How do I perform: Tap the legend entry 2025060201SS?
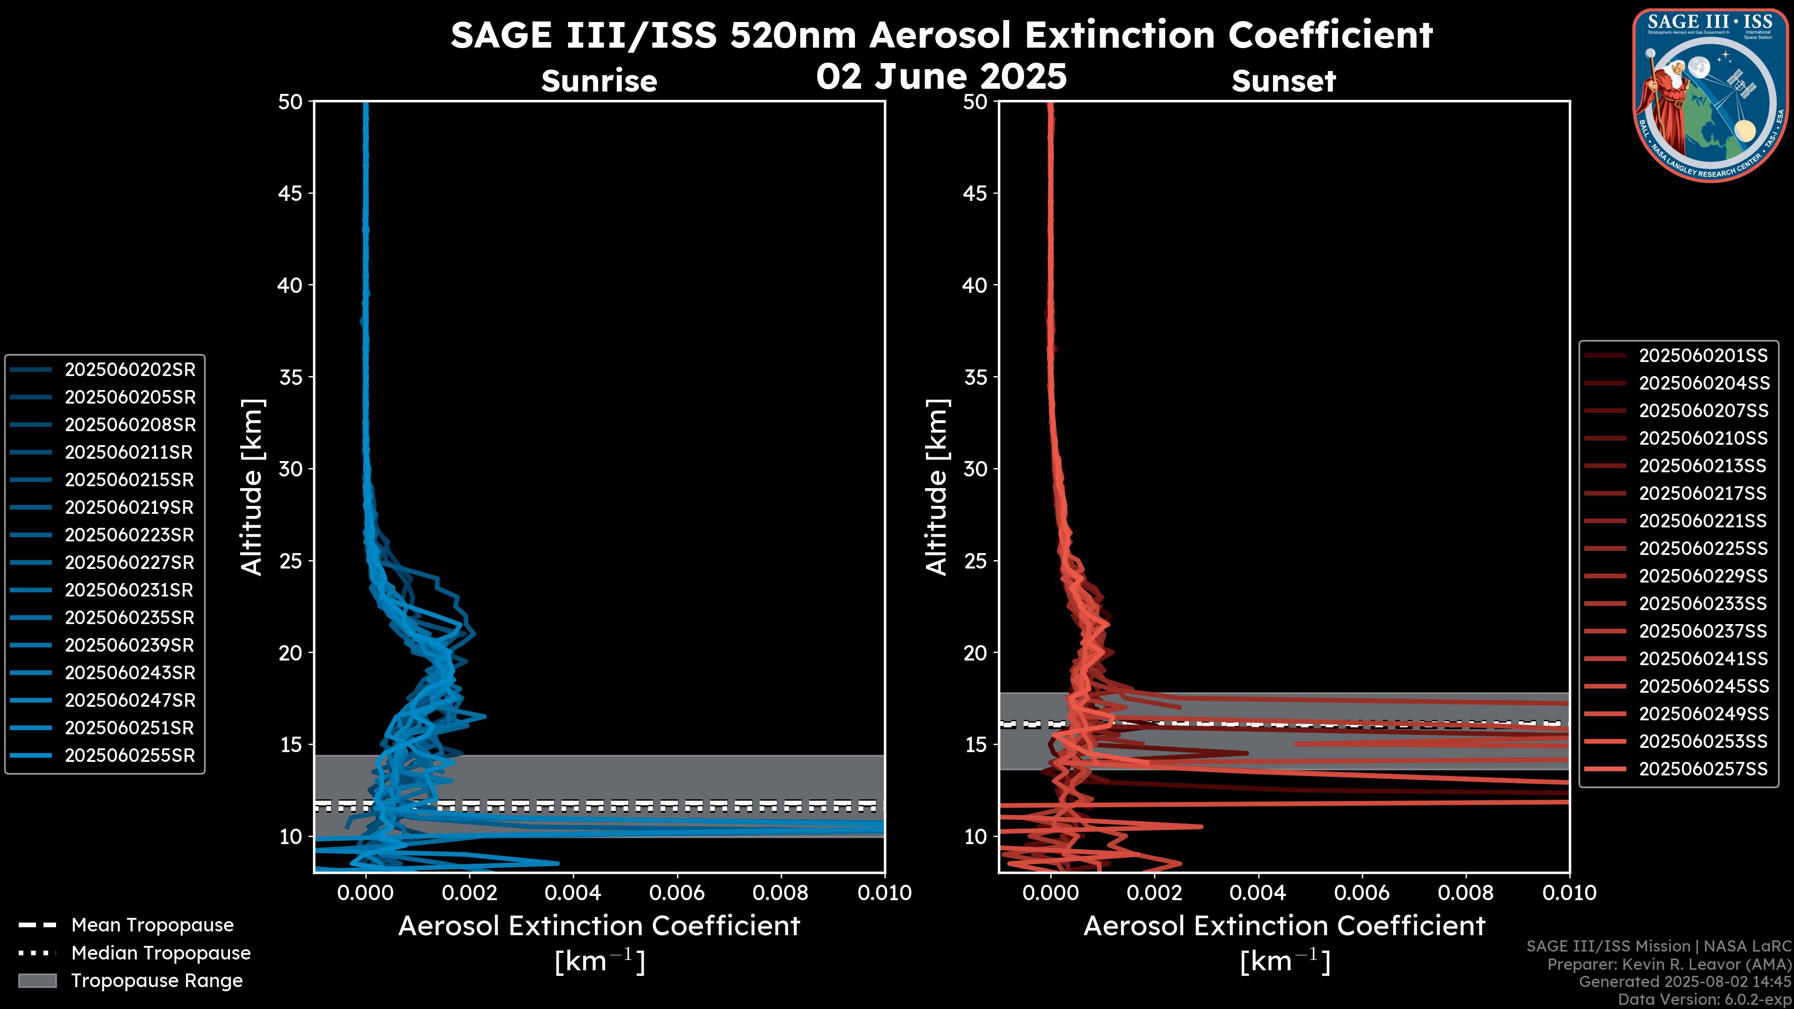(x=1703, y=356)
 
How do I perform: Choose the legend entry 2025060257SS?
(x=1703, y=769)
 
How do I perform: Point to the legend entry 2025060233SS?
(x=1703, y=604)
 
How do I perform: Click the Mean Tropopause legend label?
(x=152, y=925)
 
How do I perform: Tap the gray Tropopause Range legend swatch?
(x=37, y=981)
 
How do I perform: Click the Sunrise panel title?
(x=599, y=81)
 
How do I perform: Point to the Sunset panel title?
(x=1283, y=81)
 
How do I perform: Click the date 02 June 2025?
(x=941, y=77)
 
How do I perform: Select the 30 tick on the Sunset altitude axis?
(x=975, y=469)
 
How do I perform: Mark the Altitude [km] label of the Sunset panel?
(x=937, y=487)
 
